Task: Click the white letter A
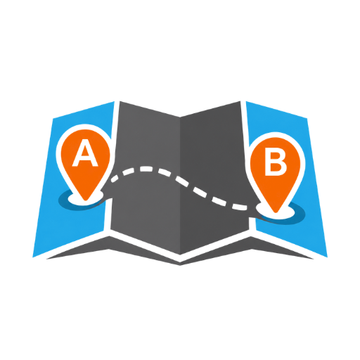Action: (x=85, y=153)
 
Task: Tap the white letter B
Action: (x=276, y=163)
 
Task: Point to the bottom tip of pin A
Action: (x=86, y=200)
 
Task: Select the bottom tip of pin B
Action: (x=276, y=212)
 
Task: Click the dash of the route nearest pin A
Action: (x=115, y=179)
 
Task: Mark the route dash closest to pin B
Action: (x=239, y=207)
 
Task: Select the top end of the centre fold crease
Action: (x=180, y=117)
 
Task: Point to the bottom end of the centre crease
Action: (x=180, y=255)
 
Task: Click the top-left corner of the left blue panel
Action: (x=53, y=119)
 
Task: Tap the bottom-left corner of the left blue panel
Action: (x=32, y=257)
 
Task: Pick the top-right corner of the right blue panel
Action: (x=307, y=119)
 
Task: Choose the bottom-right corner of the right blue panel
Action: (x=328, y=257)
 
